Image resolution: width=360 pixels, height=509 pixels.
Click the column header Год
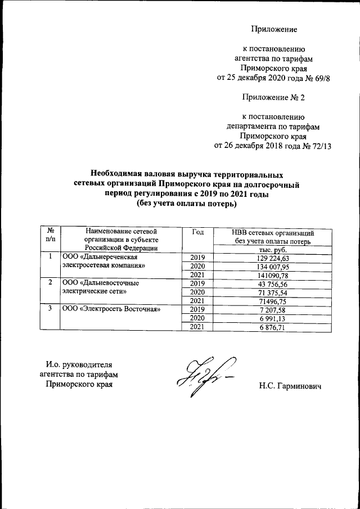pyautogui.click(x=198, y=232)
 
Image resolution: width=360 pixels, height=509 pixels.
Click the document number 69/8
pyautogui.click(x=318, y=78)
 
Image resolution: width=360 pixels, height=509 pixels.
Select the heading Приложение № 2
pyautogui.click(x=273, y=97)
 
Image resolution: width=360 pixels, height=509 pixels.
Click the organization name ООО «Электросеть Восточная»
pyautogui.click(x=111, y=309)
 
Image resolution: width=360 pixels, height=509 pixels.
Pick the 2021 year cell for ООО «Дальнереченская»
pyautogui.click(x=198, y=274)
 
